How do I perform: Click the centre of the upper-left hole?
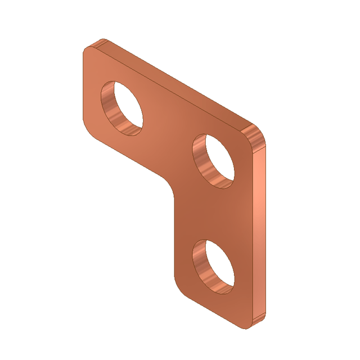pos(122,107)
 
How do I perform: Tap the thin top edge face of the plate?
pos(174,84)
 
